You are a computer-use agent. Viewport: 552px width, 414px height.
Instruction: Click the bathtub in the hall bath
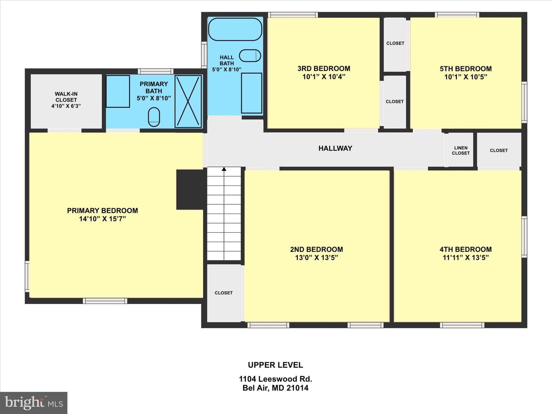tap(235, 29)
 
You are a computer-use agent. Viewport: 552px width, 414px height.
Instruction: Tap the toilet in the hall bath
tap(250, 56)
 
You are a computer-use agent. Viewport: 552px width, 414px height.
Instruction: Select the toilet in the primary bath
tap(154, 117)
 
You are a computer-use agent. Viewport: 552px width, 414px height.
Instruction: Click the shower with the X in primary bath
tap(188, 101)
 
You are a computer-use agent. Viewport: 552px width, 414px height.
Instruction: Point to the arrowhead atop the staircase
tap(224, 169)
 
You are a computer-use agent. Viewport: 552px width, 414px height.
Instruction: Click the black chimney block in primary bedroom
tap(190, 189)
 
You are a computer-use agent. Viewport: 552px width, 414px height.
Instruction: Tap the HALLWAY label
tap(335, 148)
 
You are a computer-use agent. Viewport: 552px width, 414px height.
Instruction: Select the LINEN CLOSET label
tap(461, 151)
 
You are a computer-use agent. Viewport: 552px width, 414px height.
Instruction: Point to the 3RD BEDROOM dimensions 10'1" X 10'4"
tap(324, 77)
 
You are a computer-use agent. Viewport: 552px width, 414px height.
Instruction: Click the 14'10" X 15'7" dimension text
tap(102, 219)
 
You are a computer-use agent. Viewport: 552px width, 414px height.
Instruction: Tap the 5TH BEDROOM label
tap(466, 69)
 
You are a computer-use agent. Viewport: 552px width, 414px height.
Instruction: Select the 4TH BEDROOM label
tap(465, 249)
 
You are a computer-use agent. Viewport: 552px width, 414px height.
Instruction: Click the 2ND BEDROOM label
tap(316, 249)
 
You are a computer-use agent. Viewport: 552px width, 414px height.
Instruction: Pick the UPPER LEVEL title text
tap(275, 365)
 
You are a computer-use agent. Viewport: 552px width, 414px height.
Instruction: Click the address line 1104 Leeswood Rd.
tap(275, 379)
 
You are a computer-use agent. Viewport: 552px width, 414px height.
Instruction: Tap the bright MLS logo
tap(34, 402)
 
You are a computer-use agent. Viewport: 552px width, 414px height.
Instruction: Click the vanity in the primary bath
tap(118, 92)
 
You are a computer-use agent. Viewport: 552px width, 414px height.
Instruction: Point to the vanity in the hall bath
tap(251, 93)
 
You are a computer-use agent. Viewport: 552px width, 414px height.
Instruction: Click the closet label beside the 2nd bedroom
tap(223, 293)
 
